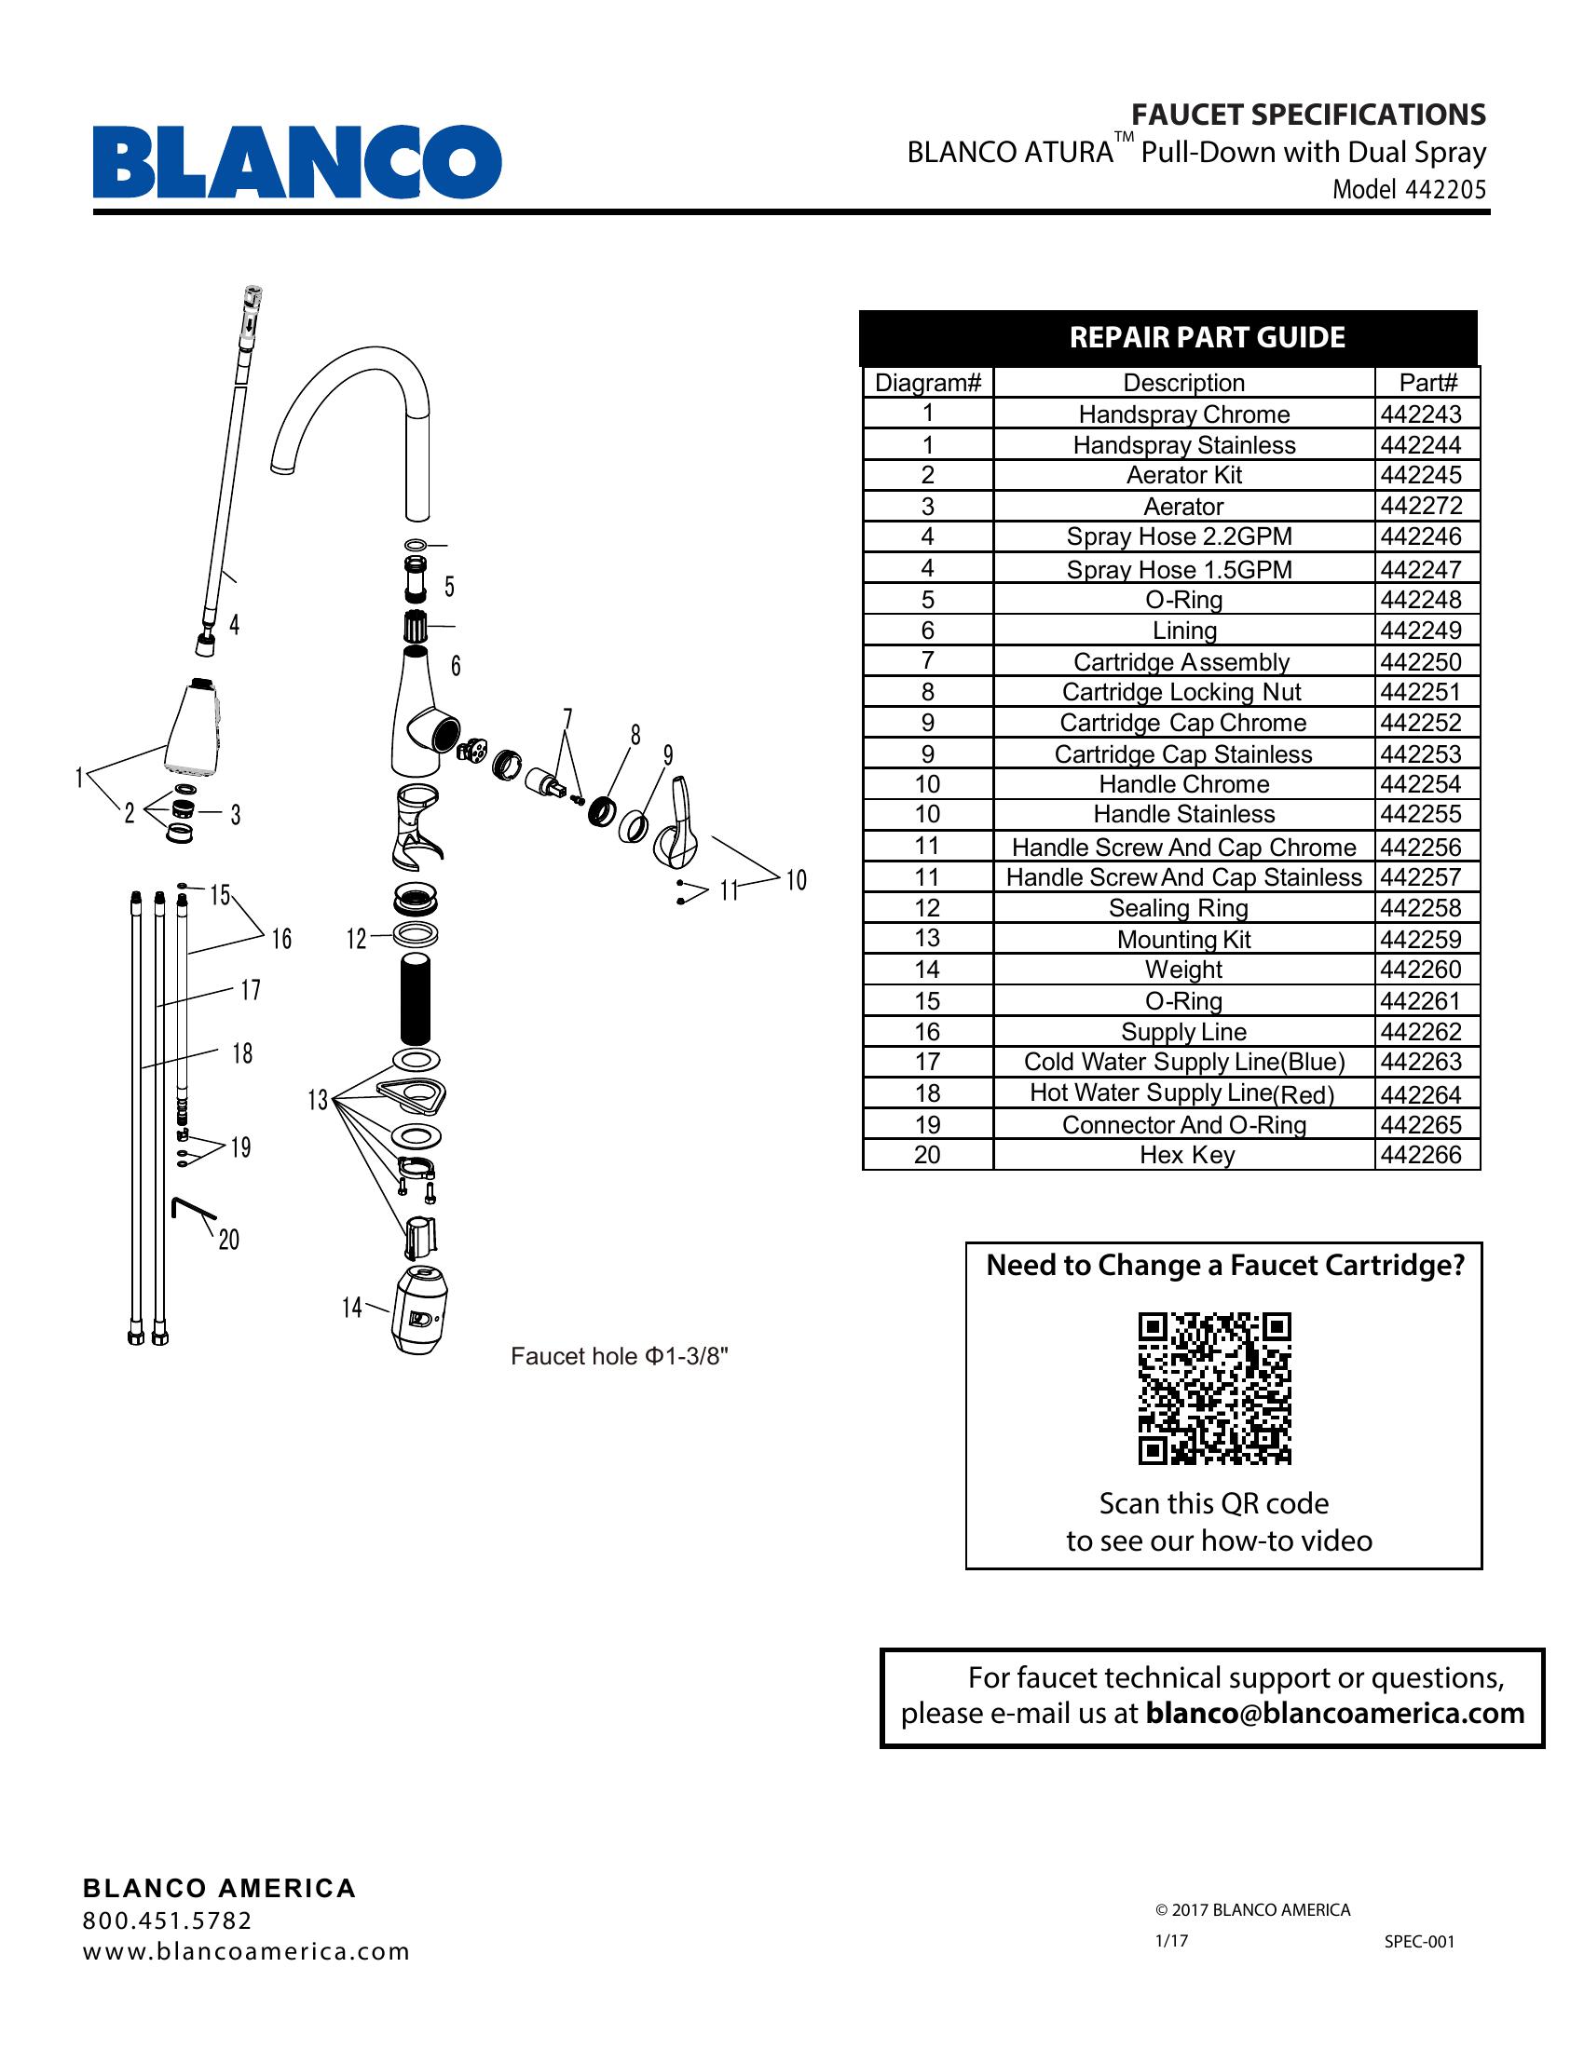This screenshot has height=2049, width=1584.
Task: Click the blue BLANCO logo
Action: (x=296, y=161)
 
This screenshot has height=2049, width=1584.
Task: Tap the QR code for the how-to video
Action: (x=1214, y=1388)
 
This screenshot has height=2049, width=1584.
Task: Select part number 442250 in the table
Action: (x=1421, y=662)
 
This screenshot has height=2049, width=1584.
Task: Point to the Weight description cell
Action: (x=1183, y=970)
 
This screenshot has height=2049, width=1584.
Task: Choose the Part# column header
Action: (x=1427, y=383)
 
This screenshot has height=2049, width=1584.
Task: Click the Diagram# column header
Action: (x=927, y=383)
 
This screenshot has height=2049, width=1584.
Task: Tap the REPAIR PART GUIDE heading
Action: (x=1207, y=338)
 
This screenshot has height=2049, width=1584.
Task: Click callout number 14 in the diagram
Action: (x=352, y=1307)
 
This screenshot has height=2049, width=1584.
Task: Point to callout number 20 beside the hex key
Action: (x=229, y=1241)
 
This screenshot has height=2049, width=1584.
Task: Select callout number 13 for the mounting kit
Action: (x=318, y=1100)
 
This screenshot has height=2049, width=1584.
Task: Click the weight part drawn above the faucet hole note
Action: (x=418, y=1309)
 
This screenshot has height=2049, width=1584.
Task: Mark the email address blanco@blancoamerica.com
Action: (x=1334, y=1713)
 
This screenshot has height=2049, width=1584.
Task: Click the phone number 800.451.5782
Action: (x=167, y=1920)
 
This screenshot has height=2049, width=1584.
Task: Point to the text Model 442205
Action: (x=1410, y=189)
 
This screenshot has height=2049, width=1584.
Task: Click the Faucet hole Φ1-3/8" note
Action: (x=620, y=1357)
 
